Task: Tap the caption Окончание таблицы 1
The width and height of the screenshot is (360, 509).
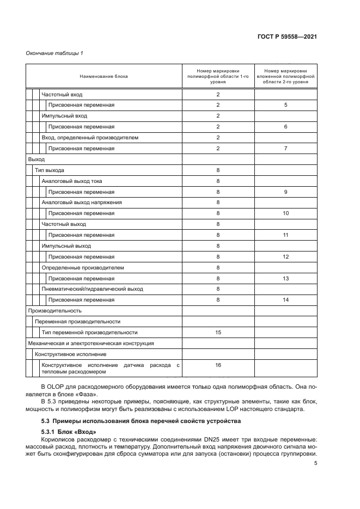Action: pos(54,53)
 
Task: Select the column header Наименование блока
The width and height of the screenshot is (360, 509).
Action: pos(103,76)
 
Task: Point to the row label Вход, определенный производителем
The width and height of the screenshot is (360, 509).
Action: pos(90,138)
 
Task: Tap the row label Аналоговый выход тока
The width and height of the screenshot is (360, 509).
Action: pos(71,181)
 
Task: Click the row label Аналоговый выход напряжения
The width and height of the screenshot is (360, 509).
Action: pos(81,203)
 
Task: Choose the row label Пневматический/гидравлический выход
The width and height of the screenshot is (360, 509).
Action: pos(92,289)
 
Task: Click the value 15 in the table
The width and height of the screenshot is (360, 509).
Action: pos(218,332)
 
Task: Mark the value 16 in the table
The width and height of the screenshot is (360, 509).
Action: pos(218,365)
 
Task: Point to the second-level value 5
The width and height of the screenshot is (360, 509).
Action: pos(285,105)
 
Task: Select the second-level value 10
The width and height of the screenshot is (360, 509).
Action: pos(285,213)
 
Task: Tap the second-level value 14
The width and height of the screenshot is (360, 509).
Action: pos(285,300)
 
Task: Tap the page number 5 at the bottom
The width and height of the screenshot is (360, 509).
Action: pos(315,463)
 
